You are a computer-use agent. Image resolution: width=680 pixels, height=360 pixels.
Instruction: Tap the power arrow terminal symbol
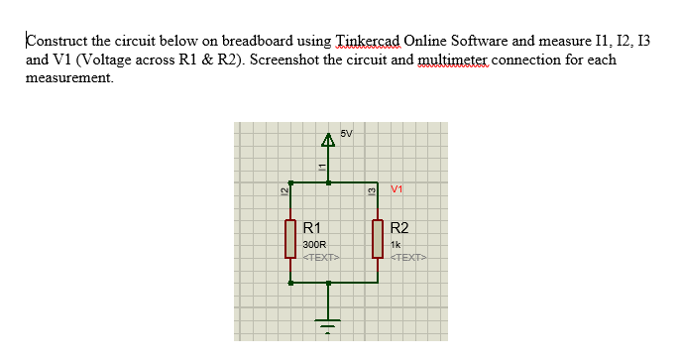coord(329,142)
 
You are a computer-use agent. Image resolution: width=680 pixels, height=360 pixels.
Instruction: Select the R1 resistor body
coord(289,238)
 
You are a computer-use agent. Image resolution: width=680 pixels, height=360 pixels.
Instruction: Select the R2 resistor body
coord(378,238)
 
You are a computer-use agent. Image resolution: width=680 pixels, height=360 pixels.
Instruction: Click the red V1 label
coord(397,188)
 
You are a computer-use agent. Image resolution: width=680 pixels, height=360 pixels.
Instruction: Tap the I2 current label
coord(283,190)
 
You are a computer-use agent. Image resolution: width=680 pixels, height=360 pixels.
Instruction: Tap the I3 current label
coord(371,190)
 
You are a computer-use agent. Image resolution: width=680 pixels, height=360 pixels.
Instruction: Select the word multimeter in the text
coord(460,60)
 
